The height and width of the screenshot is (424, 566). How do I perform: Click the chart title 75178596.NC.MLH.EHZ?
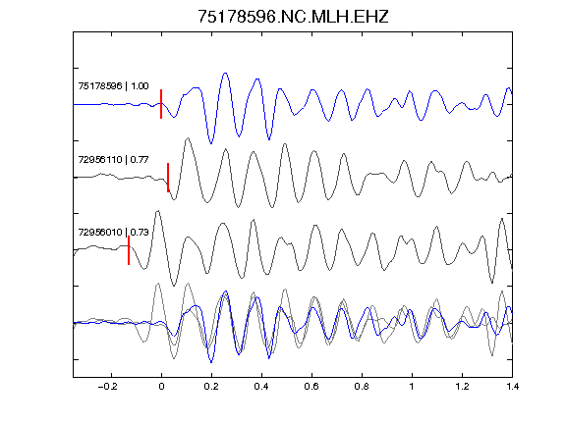coord(293,17)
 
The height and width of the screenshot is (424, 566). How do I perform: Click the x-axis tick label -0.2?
coord(107,387)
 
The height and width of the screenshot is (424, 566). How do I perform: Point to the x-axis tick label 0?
coord(161,387)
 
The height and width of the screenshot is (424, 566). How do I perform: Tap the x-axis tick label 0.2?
coord(211,387)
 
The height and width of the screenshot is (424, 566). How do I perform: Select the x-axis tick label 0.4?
coord(261,387)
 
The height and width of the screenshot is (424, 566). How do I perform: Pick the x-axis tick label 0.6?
coord(311,387)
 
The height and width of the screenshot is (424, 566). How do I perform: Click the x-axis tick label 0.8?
coord(362,387)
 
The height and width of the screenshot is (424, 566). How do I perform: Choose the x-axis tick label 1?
coord(412,387)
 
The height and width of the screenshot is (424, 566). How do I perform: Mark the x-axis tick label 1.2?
coord(462,387)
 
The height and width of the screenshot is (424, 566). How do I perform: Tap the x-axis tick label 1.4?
coord(512,387)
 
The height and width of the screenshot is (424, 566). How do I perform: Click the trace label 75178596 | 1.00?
coord(113,86)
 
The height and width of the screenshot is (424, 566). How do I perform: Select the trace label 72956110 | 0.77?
coord(113,159)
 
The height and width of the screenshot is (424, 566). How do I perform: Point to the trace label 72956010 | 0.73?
coord(113,233)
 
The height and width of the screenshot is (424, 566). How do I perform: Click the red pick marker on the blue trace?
coord(161,104)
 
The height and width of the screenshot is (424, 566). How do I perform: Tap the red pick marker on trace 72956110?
coord(168,178)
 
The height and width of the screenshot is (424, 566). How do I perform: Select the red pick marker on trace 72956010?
coord(129,250)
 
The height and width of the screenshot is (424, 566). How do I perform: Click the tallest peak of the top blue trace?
coord(226,74)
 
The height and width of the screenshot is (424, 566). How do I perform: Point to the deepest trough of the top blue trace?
coord(211,143)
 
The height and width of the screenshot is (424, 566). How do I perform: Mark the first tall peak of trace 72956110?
coord(188,138)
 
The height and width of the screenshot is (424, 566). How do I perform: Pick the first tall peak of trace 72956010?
coord(158,211)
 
